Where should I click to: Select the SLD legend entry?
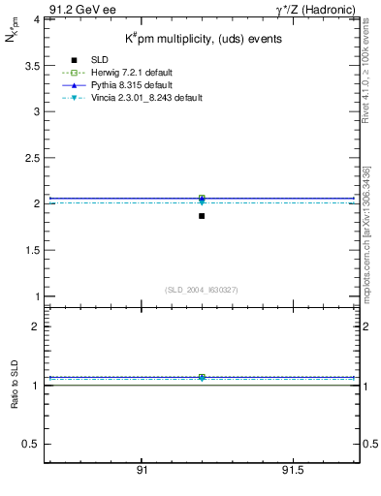[x=99, y=61]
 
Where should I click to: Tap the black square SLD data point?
[x=202, y=215]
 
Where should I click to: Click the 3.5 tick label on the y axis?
[x=29, y=65]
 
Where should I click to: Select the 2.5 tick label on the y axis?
[x=29, y=158]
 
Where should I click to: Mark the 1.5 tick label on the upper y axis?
[x=29, y=250]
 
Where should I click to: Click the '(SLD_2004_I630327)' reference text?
[x=201, y=290]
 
